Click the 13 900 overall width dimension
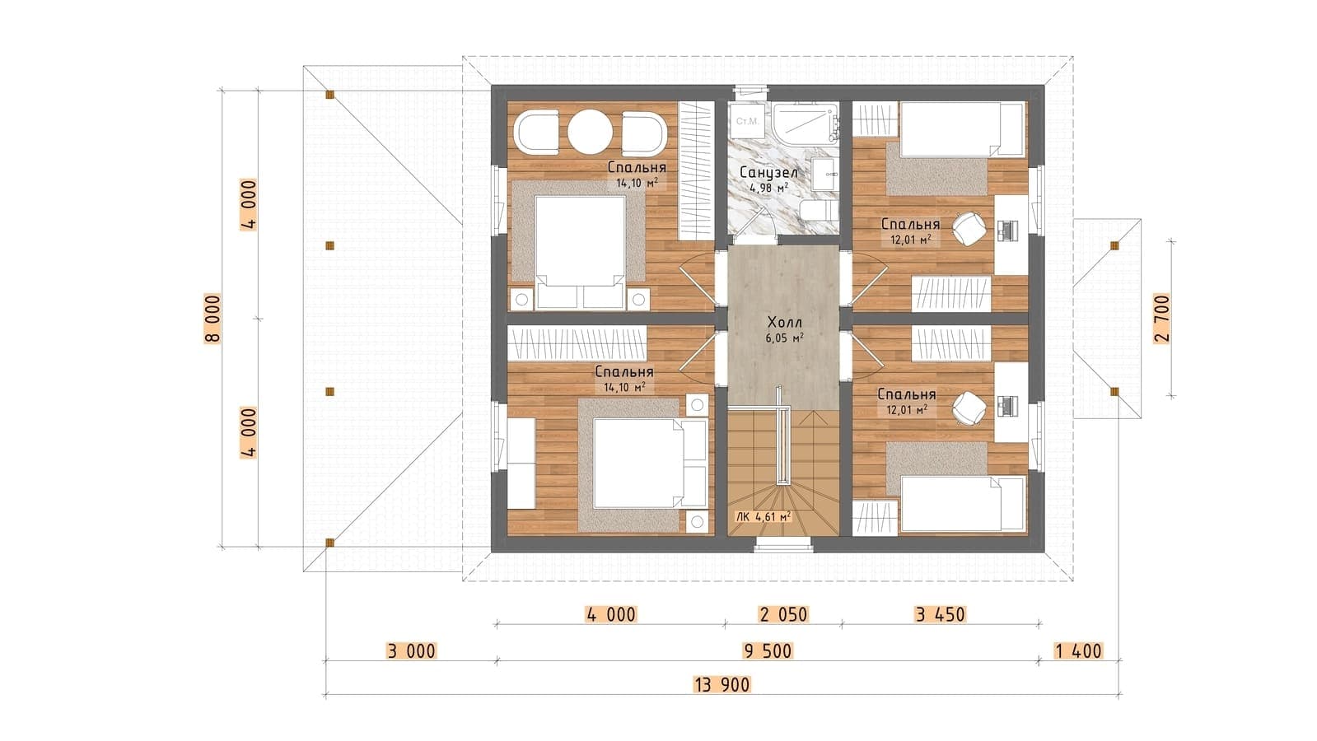pos(722,684)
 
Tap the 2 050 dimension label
pos(784,615)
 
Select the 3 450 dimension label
pos(940,615)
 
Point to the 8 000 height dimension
pos(212,318)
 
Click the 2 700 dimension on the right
pos(1162,318)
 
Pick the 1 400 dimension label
pos(1078,651)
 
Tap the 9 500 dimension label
pos(768,651)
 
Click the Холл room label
pos(784,323)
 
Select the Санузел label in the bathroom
pos(768,173)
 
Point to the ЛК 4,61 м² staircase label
pos(764,517)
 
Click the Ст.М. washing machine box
pos(747,122)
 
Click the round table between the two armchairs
pos(591,133)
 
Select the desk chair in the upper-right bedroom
pos(969,229)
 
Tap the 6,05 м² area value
pos(784,338)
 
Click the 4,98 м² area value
pos(768,188)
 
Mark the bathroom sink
pos(827,174)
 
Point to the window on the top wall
pos(751,91)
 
